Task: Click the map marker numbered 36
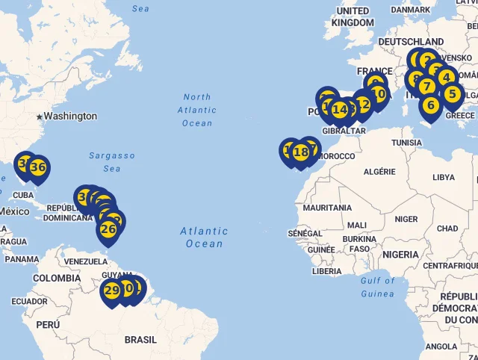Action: click(38, 168)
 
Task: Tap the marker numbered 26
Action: click(108, 229)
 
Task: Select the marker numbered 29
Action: click(112, 291)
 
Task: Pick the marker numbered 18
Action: click(301, 152)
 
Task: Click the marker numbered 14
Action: click(340, 110)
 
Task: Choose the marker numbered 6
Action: click(431, 105)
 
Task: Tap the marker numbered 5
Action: click(452, 94)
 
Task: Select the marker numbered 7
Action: click(426, 86)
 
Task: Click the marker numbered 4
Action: click(446, 76)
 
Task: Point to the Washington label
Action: click(70, 117)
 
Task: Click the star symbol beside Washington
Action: click(39, 117)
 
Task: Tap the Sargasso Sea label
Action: click(112, 162)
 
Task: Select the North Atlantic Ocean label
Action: click(197, 110)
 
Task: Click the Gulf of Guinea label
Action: click(378, 287)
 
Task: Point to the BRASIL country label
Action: click(140, 340)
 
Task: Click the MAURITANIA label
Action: click(327, 208)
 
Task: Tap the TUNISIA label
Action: click(407, 143)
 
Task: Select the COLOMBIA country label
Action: click(56, 278)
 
